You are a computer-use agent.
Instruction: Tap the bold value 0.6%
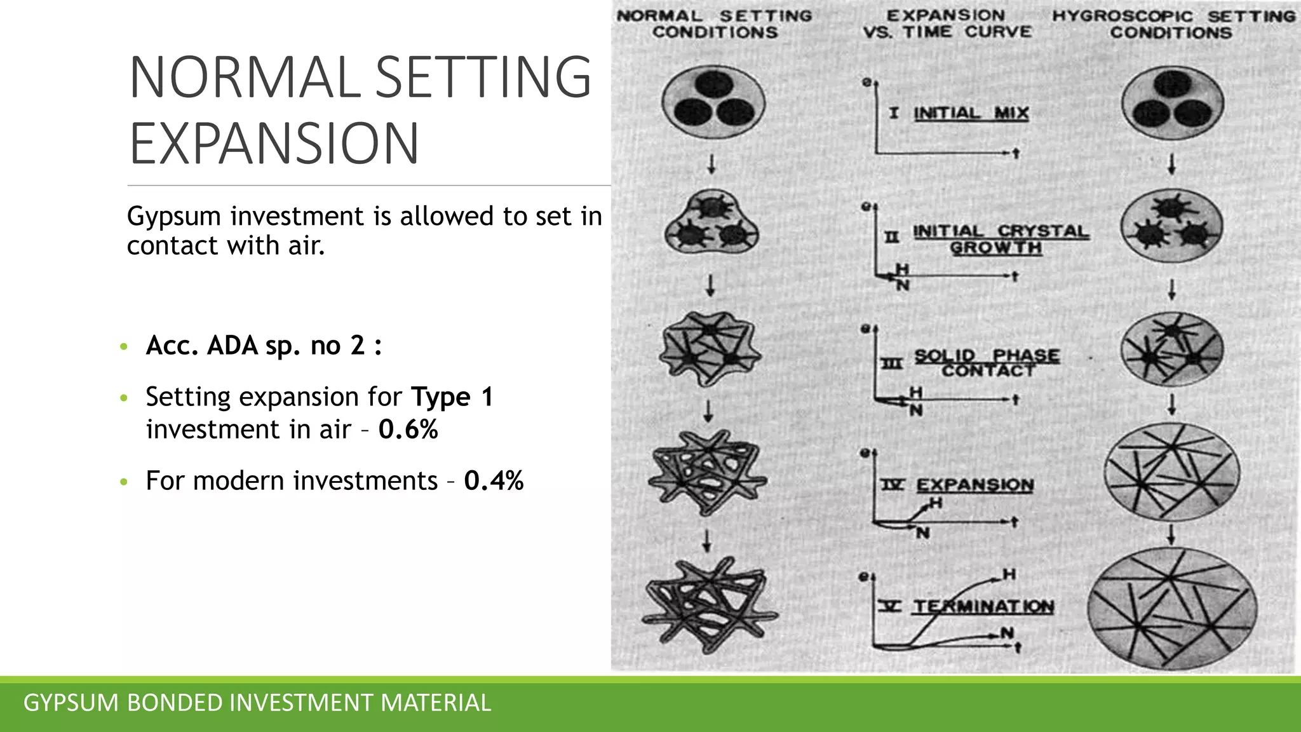408,430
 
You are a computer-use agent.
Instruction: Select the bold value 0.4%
494,480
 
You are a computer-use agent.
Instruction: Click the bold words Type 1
452,397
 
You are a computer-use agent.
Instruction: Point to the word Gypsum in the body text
173,217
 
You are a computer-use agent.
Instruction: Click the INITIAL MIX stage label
970,113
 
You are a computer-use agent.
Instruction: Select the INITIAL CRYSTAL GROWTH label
1001,239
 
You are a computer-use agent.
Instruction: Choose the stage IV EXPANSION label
974,485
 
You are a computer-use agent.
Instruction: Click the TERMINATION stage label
983,606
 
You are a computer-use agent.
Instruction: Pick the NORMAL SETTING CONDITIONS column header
715,24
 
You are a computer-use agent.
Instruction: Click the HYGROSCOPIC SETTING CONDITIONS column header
1173,24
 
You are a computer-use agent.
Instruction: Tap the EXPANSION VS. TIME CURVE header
947,24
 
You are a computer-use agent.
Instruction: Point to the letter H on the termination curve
1009,574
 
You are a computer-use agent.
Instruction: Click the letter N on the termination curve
1006,632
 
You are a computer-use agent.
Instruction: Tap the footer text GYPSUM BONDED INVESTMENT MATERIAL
257,703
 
